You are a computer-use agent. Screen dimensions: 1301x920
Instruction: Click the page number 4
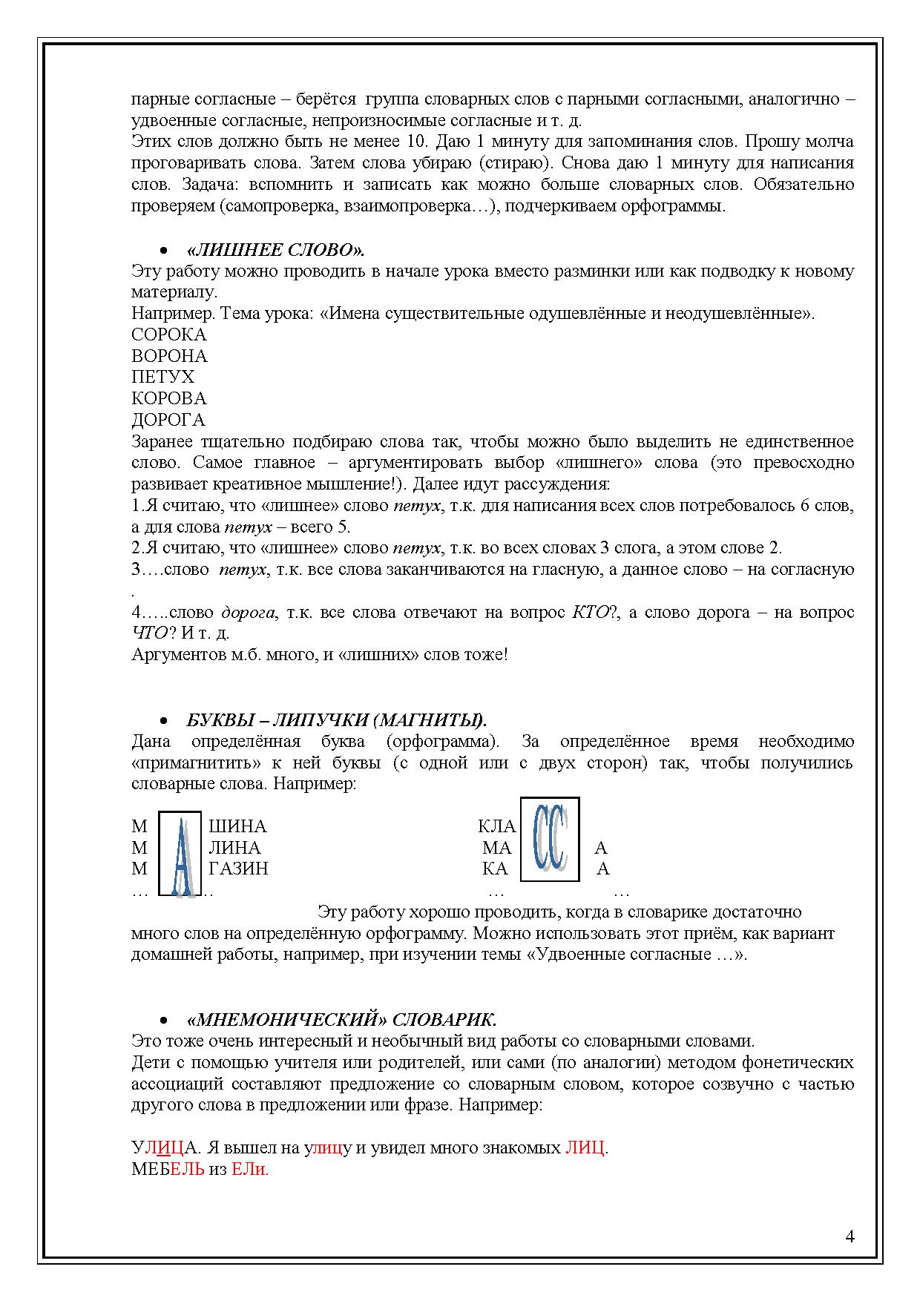850,1236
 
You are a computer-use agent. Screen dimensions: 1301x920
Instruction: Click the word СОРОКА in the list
168,335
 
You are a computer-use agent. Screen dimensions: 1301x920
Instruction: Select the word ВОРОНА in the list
169,356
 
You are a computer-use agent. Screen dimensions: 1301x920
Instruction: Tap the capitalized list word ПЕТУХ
162,377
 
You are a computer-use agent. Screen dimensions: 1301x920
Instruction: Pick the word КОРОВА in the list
168,398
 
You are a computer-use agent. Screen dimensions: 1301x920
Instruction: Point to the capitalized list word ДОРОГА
168,420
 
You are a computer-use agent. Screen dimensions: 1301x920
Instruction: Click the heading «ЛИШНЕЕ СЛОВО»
275,249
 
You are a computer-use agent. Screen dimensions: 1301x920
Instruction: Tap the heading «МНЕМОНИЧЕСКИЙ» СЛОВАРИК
341,1019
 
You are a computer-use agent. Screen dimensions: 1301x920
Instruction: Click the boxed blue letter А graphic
181,854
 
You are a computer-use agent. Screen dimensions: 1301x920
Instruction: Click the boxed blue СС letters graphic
550,839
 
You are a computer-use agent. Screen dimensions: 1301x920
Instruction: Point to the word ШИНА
237,826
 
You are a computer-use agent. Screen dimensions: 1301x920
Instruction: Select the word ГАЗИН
238,869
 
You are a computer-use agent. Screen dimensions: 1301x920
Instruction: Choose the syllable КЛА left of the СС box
496,826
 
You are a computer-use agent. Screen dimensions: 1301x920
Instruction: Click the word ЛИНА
234,848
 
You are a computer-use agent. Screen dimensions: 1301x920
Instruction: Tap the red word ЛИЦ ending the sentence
585,1148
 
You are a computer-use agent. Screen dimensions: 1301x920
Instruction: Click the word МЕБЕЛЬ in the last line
168,1170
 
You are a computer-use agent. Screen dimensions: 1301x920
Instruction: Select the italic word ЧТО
148,634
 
